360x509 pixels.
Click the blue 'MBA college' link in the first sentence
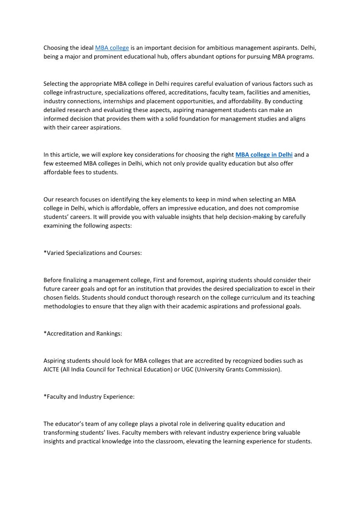[112, 48]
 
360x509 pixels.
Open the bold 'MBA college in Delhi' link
[264, 155]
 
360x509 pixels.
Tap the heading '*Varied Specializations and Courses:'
[92, 253]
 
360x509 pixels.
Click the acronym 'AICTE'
[53, 369]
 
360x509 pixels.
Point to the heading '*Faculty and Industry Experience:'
[89, 397]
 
